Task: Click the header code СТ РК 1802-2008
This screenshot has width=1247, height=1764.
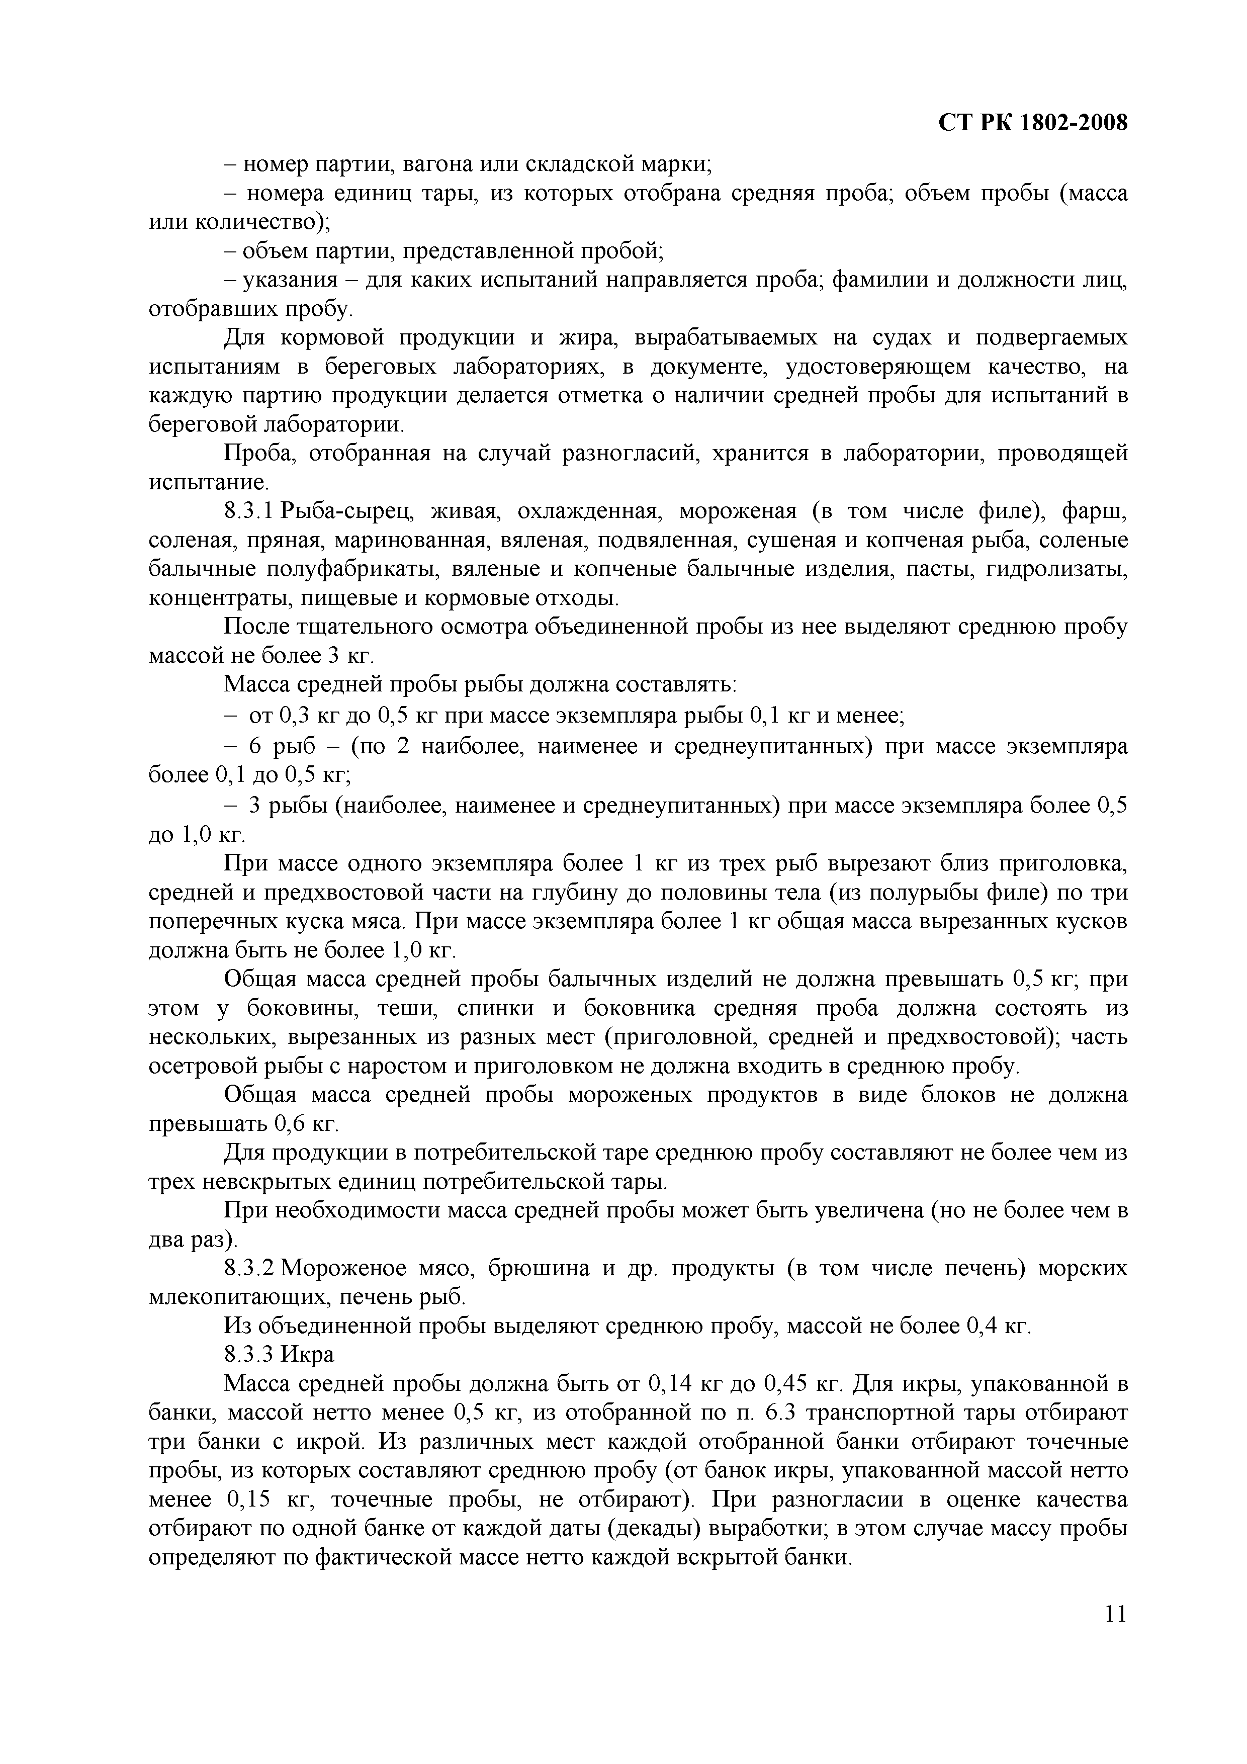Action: (1033, 123)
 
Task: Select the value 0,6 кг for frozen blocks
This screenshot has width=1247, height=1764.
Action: (305, 1125)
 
